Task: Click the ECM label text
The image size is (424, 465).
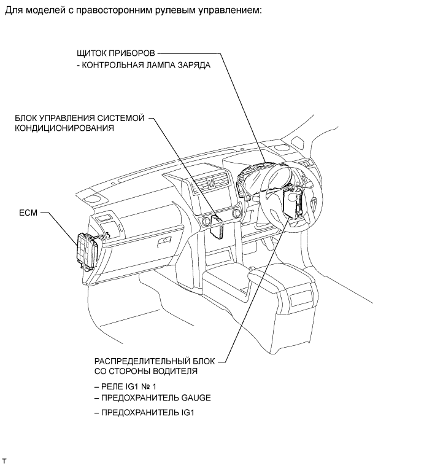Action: (x=28, y=213)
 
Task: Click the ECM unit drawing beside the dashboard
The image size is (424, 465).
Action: (x=87, y=250)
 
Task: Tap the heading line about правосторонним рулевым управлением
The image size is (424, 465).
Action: (x=133, y=10)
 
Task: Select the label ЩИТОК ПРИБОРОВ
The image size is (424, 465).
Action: (x=116, y=53)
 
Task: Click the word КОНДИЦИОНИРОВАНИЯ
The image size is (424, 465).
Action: (x=64, y=128)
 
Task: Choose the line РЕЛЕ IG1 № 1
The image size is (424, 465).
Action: (x=125, y=387)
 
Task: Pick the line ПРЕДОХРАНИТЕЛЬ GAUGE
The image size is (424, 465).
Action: (x=153, y=397)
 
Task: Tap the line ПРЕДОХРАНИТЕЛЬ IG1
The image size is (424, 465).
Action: (x=145, y=413)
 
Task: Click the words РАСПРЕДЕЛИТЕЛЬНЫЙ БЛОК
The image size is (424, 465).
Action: (x=155, y=361)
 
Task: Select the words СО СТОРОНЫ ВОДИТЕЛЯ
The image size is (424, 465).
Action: (x=146, y=371)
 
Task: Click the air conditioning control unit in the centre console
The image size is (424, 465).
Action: (x=217, y=226)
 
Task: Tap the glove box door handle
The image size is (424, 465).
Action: (x=164, y=241)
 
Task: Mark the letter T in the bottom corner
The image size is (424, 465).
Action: (x=4, y=461)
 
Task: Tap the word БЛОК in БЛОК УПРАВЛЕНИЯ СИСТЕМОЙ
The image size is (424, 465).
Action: (x=26, y=118)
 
